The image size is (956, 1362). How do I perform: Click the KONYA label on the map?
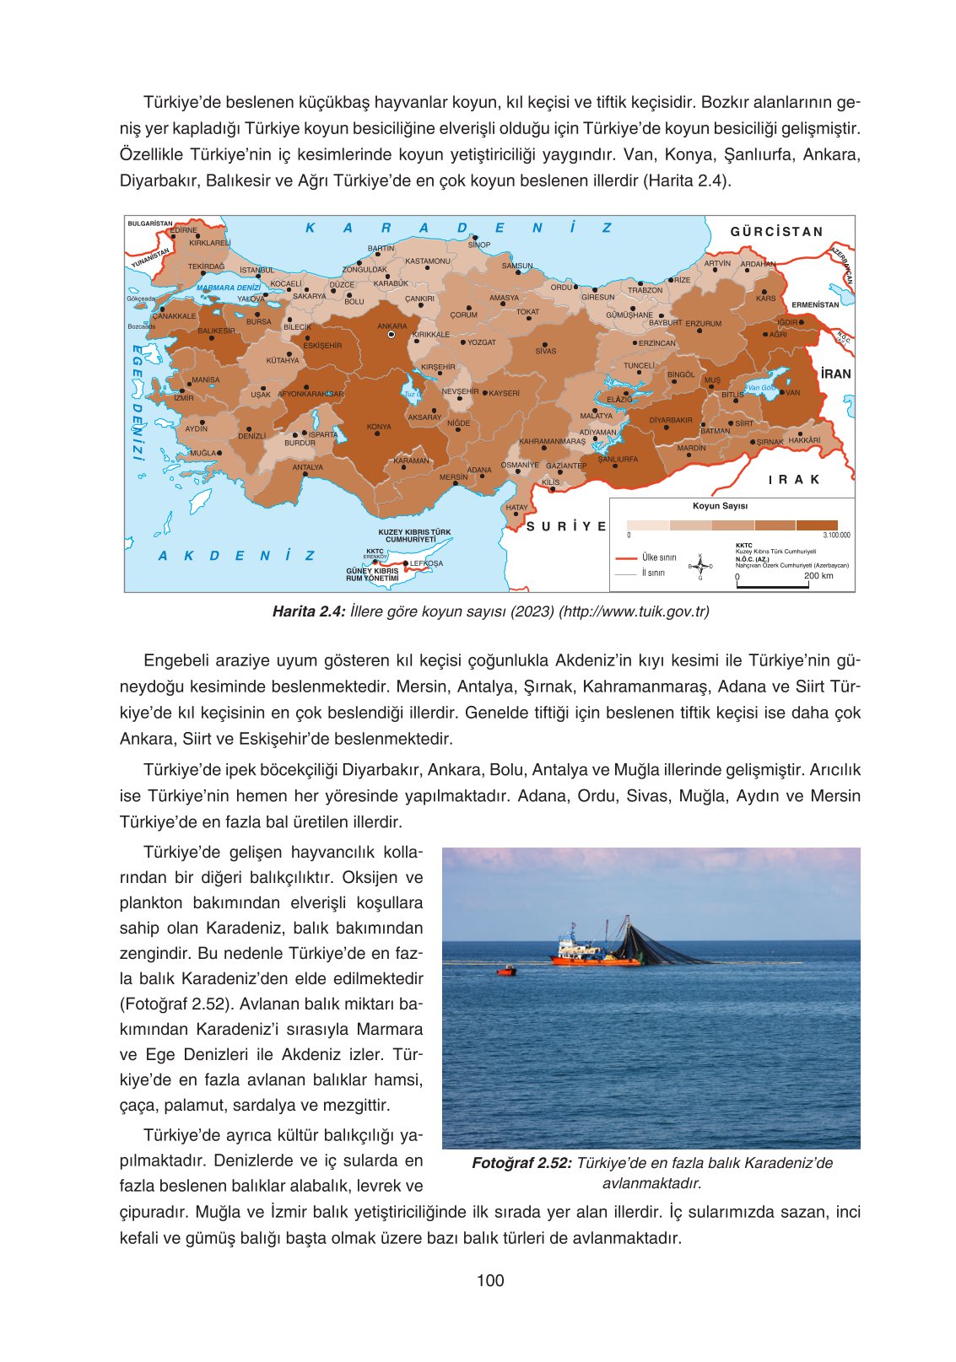[379, 427]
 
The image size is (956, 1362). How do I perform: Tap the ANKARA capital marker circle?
[391, 335]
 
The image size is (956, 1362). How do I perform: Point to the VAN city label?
[792, 392]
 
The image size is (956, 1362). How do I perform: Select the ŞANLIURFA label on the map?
[618, 460]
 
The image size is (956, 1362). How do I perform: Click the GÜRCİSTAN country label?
[776, 232]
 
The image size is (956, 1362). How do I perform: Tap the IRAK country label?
[793, 480]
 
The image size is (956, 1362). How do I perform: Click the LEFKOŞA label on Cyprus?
[426, 563]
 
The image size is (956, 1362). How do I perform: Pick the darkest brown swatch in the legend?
[817, 525]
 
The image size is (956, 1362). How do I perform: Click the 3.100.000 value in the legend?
[836, 536]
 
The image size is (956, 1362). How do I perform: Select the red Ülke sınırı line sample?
[626, 558]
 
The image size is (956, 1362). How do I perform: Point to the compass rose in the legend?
[699, 566]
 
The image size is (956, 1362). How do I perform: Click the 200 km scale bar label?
[818, 576]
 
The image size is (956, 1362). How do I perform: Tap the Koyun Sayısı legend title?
[720, 506]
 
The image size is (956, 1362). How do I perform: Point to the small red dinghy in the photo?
[505, 971]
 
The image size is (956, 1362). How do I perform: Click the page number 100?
[490, 1280]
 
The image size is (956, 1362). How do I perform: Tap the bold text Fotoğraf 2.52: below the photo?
[521, 1164]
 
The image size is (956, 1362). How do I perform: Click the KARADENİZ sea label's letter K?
[311, 228]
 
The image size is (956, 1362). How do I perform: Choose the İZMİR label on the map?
[183, 398]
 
